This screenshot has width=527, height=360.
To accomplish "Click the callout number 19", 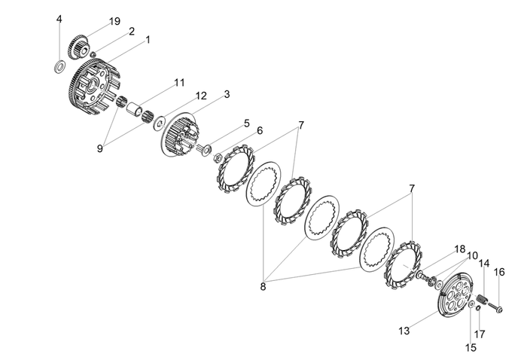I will [114, 21].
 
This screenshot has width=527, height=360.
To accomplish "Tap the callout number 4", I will [59, 19].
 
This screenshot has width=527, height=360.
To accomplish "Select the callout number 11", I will [178, 82].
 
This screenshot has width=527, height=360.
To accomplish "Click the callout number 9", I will [99, 148].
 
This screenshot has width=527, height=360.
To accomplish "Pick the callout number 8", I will [263, 286].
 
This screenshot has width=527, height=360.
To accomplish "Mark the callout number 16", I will [498, 272].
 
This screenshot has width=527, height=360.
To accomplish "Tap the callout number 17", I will [480, 334].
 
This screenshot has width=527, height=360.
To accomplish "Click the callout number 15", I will [472, 348].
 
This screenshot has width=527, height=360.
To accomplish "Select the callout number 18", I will [460, 249].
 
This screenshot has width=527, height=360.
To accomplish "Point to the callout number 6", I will [260, 130].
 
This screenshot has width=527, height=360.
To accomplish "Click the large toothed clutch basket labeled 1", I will [87, 87].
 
